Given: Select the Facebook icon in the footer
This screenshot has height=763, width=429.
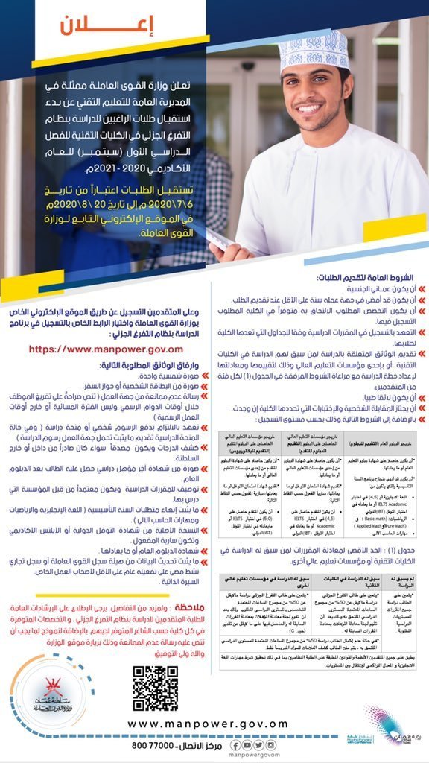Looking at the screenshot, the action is coord(235,744).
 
